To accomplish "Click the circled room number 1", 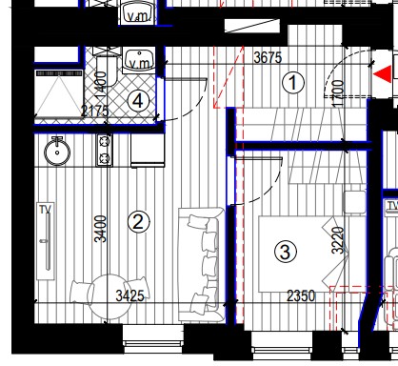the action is [293, 83].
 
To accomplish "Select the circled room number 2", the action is [138, 221].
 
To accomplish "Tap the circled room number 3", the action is [286, 252].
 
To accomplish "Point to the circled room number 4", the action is [138, 101].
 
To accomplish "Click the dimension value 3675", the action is [268, 57].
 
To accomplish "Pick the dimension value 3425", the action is [130, 296].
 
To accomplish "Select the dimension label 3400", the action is [101, 229].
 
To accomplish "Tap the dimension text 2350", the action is [301, 296].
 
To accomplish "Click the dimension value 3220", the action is [338, 240].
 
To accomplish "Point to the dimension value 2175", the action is [94, 112].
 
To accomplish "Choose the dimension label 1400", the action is [101, 85].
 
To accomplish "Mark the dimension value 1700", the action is [339, 93].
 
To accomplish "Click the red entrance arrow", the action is [382, 74].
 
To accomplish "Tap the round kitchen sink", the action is [57, 152].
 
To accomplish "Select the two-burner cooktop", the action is [105, 150].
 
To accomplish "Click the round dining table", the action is [109, 296].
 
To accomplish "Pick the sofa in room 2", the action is [201, 264].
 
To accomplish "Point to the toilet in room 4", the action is [107, 71].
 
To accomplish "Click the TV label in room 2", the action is [46, 210].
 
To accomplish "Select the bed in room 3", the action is [302, 254].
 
